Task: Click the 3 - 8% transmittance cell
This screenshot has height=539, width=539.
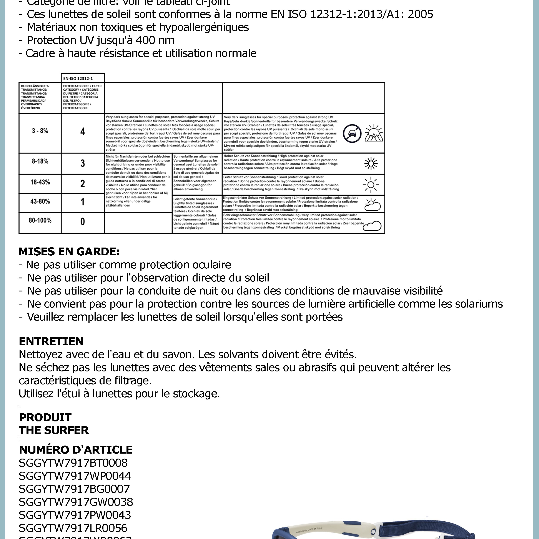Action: point(40,131)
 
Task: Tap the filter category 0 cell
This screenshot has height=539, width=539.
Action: point(83,222)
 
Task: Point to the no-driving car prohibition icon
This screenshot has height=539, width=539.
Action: point(352,133)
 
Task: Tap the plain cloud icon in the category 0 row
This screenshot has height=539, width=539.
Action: point(372,225)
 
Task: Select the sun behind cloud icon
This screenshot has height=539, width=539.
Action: point(372,205)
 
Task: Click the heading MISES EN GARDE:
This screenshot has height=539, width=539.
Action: point(69,252)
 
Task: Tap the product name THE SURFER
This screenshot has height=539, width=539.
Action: point(54,430)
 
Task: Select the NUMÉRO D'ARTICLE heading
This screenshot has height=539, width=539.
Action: point(76,450)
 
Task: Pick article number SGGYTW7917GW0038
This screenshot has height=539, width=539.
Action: point(76,502)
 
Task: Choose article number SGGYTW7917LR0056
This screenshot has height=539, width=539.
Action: point(73,528)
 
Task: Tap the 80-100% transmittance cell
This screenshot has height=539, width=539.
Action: point(40,221)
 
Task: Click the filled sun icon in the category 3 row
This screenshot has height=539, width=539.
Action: point(371,163)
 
